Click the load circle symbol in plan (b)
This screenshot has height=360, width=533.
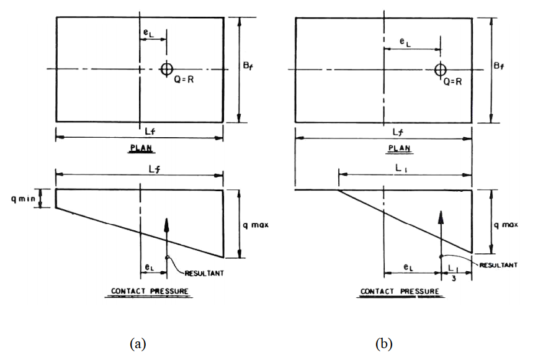click(x=440, y=69)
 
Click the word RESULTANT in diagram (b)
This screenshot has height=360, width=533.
click(x=498, y=264)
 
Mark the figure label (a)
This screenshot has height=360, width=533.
click(x=137, y=343)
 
